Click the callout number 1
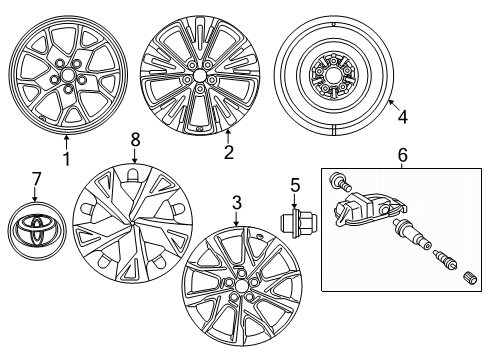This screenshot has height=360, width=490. (66, 157)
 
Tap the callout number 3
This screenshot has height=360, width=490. (236, 204)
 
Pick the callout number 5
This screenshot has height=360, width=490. (294, 184)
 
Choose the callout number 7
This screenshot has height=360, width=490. (37, 178)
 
